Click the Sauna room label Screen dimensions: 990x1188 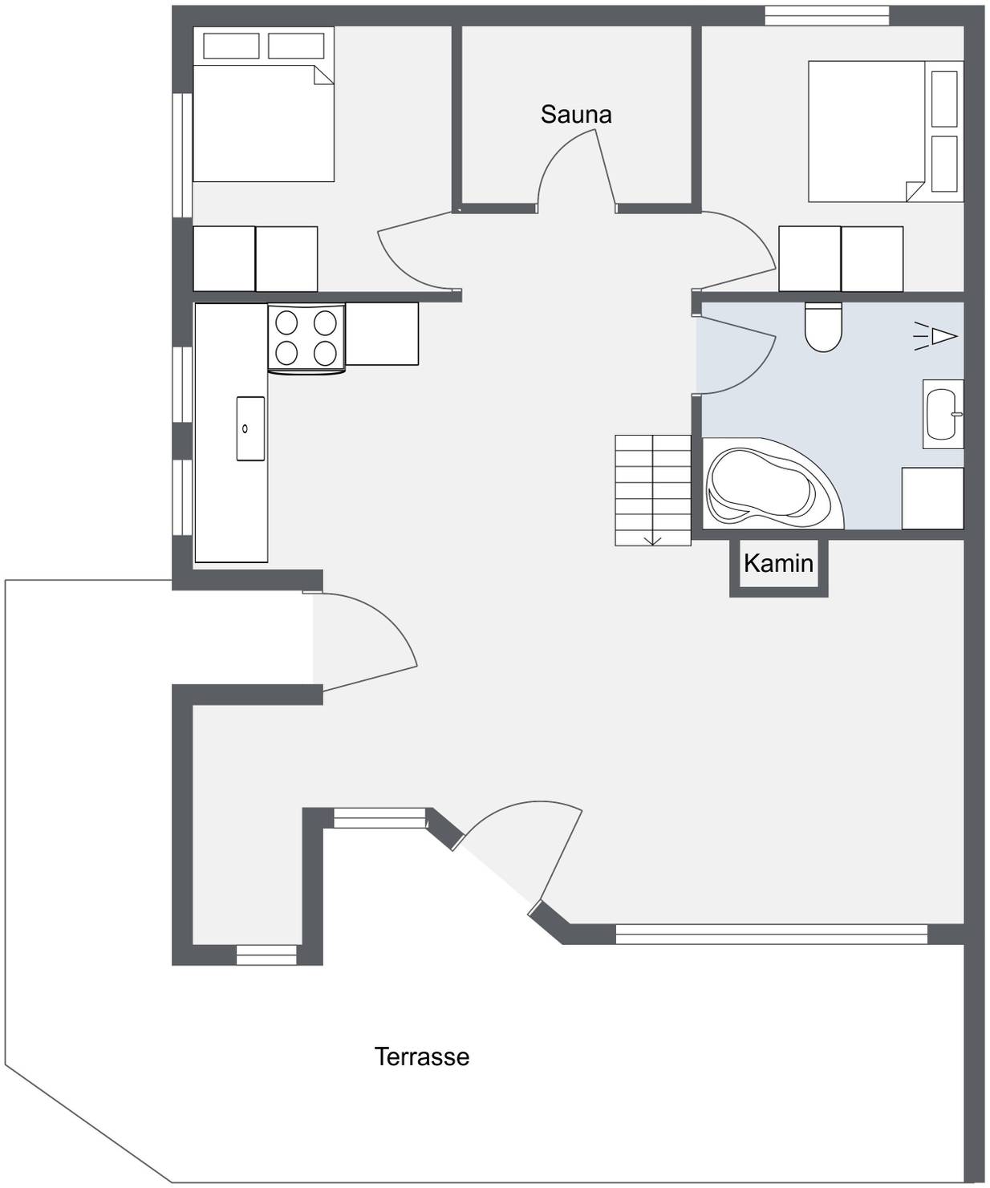576,115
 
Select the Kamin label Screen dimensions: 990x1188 778,563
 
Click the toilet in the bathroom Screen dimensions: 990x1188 823,327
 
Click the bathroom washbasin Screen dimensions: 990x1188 943,414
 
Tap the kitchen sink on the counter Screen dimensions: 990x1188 250,428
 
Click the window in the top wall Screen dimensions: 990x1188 826,15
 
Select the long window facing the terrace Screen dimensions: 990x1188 772,935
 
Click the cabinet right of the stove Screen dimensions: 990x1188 382,334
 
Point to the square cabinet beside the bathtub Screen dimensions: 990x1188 932,498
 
